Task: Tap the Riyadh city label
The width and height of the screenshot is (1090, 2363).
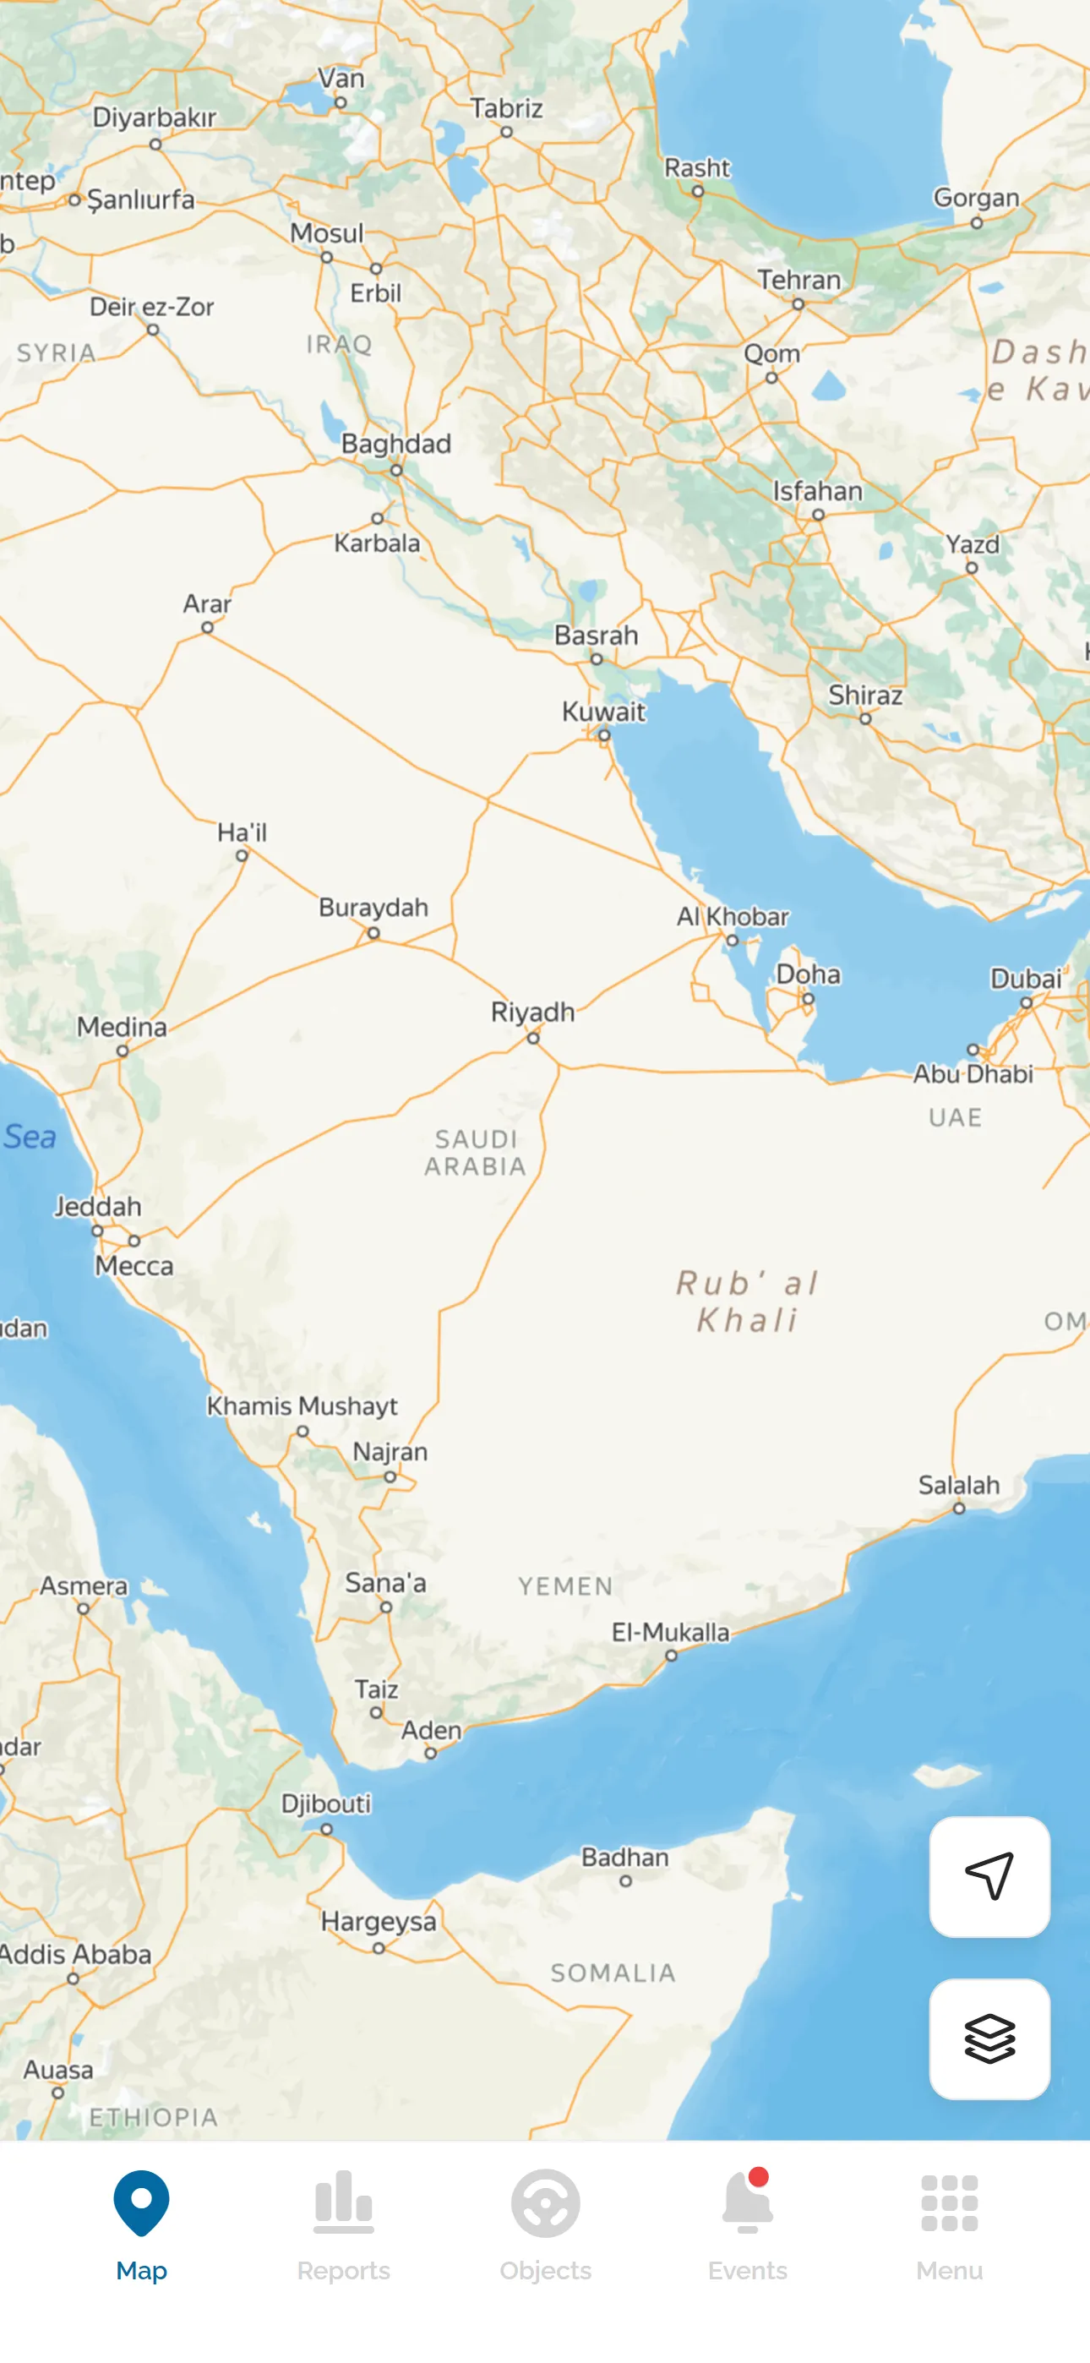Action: click(x=532, y=1012)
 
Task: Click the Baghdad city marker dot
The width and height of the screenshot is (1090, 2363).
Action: click(x=395, y=471)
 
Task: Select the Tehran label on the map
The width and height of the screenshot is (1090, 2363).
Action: click(x=798, y=280)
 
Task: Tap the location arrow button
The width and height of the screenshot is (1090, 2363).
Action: click(x=989, y=1876)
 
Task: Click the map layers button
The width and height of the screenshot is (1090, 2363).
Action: click(x=989, y=2038)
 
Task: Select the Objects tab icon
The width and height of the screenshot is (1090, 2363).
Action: click(x=545, y=2202)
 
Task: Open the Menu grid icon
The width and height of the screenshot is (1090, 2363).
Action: click(x=949, y=2202)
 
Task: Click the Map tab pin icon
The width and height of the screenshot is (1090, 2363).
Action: click(x=141, y=2202)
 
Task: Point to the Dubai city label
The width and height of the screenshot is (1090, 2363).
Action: click(x=1025, y=979)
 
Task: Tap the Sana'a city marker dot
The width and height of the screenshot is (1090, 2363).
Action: click(x=386, y=1607)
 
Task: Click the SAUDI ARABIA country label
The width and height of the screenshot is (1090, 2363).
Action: click(x=475, y=1152)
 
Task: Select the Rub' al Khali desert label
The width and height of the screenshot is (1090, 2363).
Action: click(x=747, y=1301)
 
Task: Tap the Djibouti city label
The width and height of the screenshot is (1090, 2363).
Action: click(x=325, y=1804)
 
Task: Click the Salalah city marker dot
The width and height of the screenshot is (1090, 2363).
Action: click(x=959, y=1508)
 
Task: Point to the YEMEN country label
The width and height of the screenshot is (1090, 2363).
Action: click(x=565, y=1586)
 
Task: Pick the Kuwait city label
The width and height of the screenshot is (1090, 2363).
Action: click(x=602, y=712)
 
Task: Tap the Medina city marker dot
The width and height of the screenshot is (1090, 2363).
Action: click(x=122, y=1051)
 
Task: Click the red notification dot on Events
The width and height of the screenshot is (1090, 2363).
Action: click(x=758, y=2177)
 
